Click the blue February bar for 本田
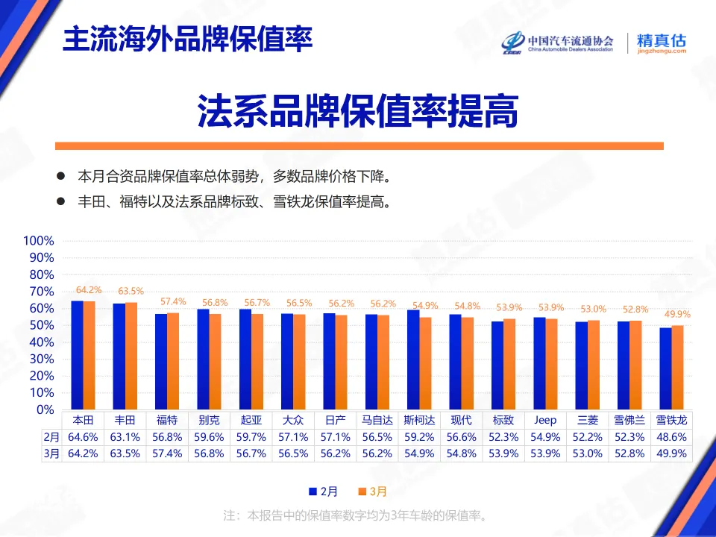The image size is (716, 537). tap(77, 355)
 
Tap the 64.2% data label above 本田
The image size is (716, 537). tap(89, 290)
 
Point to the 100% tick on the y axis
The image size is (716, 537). tap(39, 241)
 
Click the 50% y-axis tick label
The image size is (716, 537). tap(42, 325)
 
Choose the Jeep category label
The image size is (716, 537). tap(545, 421)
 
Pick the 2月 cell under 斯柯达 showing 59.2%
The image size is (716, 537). tap(419, 438)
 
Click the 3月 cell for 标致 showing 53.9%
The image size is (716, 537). tap(503, 453)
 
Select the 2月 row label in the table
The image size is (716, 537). tap(50, 438)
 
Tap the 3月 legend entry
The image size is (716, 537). tap(372, 492)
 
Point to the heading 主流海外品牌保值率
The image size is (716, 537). tap(187, 39)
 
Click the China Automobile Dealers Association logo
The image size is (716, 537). tap(557, 43)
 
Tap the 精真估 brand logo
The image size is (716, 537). tap(661, 43)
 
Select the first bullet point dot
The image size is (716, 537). tap(60, 178)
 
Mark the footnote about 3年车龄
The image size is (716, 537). tap(357, 515)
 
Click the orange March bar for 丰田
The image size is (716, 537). tap(131, 356)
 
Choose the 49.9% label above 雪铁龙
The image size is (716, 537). tap(677, 315)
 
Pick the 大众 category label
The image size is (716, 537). tap(294, 421)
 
